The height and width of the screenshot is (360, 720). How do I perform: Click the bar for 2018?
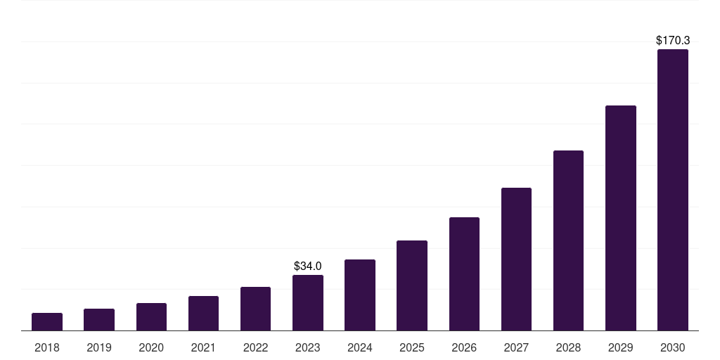click(47, 321)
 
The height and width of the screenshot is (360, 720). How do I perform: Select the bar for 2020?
click(151, 316)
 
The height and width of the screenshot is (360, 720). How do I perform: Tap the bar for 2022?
click(255, 309)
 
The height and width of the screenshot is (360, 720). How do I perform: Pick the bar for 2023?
click(308, 302)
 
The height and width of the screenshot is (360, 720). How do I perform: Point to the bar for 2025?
click(412, 285)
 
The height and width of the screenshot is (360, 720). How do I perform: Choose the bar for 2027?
click(516, 259)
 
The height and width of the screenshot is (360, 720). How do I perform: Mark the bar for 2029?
click(620, 218)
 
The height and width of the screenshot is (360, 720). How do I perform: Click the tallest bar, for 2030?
click(672, 190)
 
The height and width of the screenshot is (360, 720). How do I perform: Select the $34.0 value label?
click(308, 266)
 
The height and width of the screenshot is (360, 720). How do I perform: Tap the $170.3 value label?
click(672, 41)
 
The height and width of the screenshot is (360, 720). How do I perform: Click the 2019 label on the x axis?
click(99, 347)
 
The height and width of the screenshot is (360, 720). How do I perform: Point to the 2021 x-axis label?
click(203, 347)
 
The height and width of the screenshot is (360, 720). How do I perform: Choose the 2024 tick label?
click(360, 347)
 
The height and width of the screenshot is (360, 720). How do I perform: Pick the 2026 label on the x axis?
click(464, 347)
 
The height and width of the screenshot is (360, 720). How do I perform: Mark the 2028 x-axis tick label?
click(568, 347)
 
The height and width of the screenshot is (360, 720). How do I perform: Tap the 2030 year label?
click(672, 347)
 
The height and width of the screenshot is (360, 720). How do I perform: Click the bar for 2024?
click(360, 295)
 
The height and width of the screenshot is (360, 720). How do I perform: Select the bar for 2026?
click(464, 274)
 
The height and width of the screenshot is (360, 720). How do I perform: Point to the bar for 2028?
click(568, 240)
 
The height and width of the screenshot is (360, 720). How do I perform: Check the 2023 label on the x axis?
click(308, 347)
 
